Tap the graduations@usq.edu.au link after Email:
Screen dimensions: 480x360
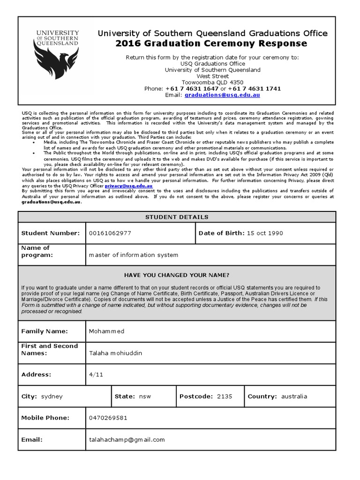tap(222, 95)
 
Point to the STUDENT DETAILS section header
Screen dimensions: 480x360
tap(177, 217)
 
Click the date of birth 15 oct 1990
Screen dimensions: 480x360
tap(265, 233)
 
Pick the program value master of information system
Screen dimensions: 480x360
tap(134, 255)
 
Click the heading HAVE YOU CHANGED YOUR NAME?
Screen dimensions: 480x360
tap(177, 275)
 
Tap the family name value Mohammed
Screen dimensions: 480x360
tap(107, 331)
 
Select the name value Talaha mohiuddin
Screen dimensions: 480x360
tap(115, 353)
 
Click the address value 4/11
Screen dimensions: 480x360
tap(94, 375)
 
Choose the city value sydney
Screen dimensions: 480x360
tap(52, 396)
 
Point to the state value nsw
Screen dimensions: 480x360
tap(145, 396)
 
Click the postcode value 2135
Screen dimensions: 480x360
tap(225, 396)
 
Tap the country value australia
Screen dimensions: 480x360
tap(294, 396)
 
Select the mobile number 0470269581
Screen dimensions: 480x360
tap(108, 418)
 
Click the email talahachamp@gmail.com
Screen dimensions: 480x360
tap(127, 440)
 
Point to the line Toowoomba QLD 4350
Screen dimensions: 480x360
tap(212, 82)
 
